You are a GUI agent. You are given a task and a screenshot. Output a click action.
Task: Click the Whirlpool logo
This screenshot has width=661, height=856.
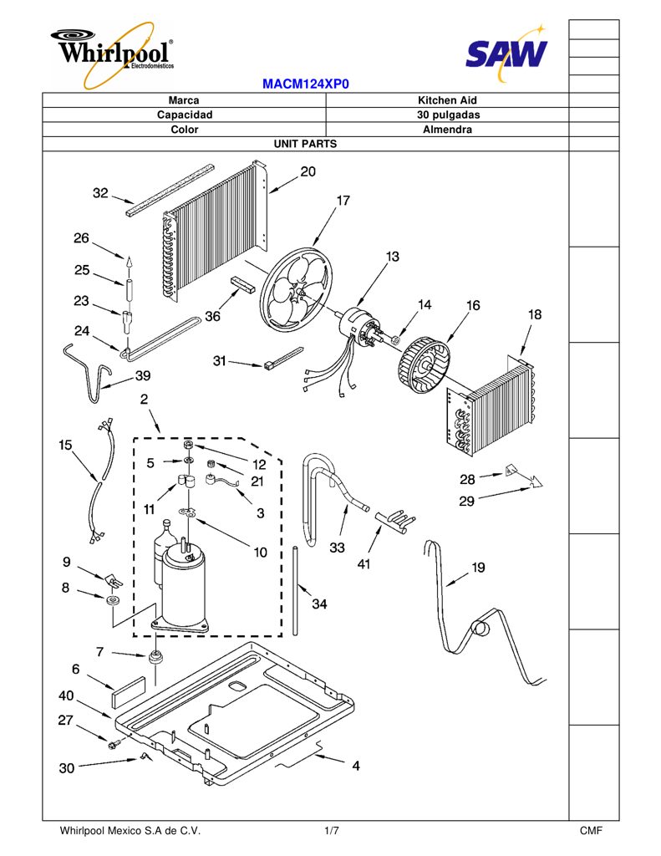[x=113, y=53]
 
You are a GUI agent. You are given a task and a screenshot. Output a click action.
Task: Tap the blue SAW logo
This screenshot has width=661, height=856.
[x=506, y=53]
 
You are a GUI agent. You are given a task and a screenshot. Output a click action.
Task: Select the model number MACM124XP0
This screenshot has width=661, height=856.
[x=305, y=84]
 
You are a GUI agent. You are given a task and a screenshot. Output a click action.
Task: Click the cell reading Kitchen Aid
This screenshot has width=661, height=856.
[x=447, y=100]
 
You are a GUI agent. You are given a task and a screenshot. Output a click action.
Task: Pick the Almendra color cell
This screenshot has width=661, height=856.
[x=447, y=130]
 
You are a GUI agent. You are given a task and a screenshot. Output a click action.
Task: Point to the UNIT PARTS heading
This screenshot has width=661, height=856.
[x=305, y=144]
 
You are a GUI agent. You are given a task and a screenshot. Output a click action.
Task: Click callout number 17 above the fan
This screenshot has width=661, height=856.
[x=343, y=201]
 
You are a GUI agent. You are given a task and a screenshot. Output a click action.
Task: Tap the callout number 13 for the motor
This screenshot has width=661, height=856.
[x=393, y=256]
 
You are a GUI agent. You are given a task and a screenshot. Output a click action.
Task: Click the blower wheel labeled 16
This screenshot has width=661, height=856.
[x=425, y=364]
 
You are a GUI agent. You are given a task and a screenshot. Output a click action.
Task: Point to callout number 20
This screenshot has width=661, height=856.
[x=308, y=171]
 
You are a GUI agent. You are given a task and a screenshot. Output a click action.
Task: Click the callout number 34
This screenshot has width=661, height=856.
[x=319, y=604]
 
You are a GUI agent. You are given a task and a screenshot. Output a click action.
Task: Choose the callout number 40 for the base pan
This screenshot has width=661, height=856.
[x=66, y=695]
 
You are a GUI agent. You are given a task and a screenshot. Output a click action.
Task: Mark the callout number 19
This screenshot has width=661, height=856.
[x=478, y=568]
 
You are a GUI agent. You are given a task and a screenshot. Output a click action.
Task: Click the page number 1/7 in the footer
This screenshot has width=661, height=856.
[x=331, y=831]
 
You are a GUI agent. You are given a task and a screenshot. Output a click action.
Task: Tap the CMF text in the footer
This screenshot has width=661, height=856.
[x=591, y=831]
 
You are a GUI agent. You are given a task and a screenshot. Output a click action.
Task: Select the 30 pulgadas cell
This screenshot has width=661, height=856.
[x=447, y=115]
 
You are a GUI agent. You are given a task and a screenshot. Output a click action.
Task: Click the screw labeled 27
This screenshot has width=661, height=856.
[x=114, y=743]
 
